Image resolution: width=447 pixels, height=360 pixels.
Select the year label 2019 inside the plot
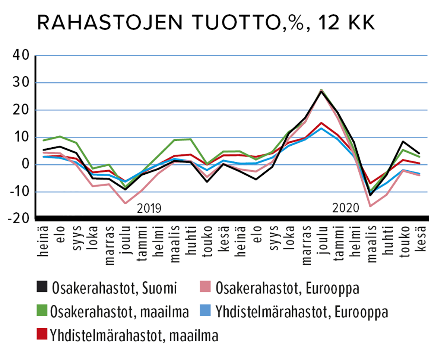pos(149,208)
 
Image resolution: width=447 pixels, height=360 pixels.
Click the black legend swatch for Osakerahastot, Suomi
pos(42,288)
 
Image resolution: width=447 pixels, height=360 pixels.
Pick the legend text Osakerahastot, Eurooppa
pos(289,288)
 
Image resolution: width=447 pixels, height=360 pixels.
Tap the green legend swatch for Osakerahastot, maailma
pos(42,312)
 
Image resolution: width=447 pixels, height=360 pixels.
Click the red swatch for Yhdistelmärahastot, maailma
pos(42,335)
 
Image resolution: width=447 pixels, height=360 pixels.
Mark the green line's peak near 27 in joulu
pos(321,90)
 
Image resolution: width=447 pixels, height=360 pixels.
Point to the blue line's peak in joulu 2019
pos(321,128)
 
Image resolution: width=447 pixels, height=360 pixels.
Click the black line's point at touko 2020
pos(403,142)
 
